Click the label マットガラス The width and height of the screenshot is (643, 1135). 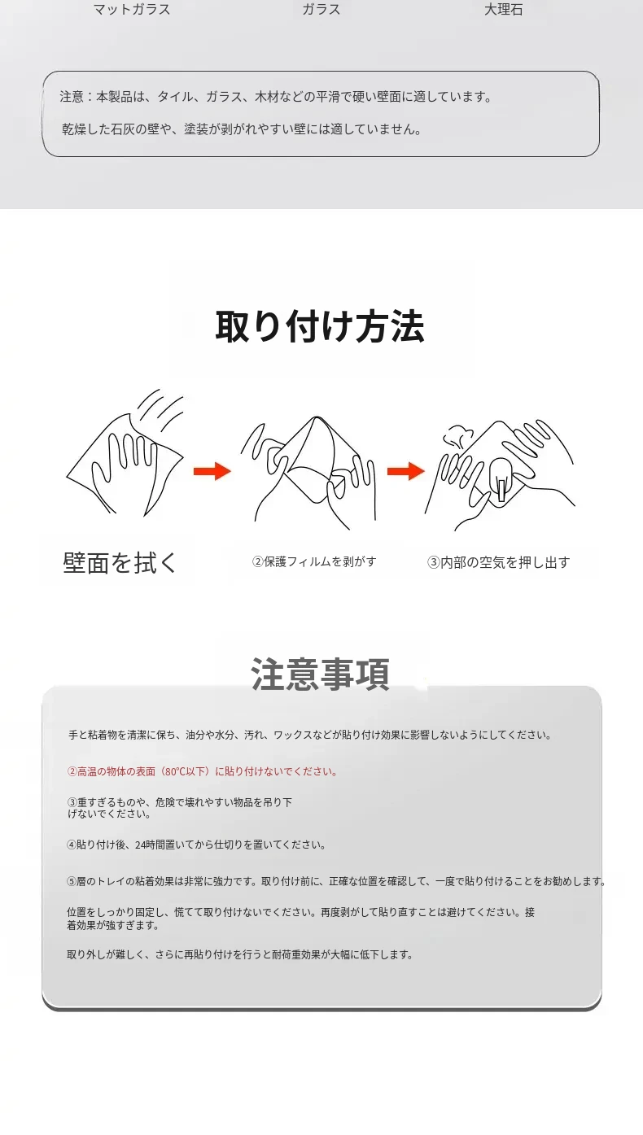132,10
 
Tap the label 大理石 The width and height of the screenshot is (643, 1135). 503,10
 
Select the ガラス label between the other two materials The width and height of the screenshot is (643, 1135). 321,10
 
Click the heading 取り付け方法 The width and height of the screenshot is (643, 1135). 320,327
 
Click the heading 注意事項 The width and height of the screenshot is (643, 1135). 320,674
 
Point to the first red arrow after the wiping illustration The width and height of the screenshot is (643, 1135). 212,471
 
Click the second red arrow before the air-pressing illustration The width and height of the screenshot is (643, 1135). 406,471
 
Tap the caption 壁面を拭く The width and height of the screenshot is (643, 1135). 120,562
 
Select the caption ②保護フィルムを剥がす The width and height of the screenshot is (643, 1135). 314,561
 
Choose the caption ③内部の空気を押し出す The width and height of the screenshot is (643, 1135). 499,562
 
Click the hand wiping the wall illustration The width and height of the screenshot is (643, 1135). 125,453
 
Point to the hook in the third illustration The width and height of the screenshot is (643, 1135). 500,480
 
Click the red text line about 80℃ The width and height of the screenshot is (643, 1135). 203,771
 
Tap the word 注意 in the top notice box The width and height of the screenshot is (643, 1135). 72,97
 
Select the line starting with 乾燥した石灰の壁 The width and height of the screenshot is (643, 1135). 243,129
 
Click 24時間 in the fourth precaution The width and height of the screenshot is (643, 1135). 148,845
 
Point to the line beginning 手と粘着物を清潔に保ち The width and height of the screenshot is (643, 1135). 310,735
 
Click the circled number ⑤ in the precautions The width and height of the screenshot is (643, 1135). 72,881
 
